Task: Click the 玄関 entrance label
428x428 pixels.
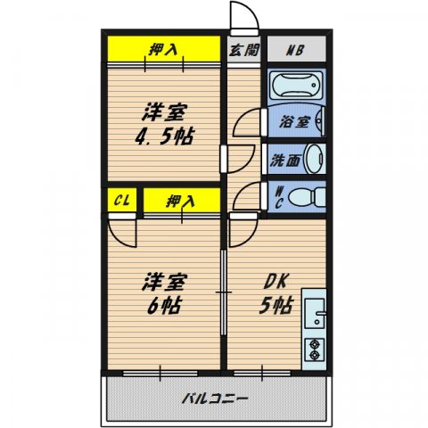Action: [x=243, y=50]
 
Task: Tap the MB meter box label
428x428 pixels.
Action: [x=294, y=50]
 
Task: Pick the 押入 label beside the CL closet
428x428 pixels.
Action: [x=181, y=201]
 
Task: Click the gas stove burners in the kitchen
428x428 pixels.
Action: [x=315, y=349]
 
